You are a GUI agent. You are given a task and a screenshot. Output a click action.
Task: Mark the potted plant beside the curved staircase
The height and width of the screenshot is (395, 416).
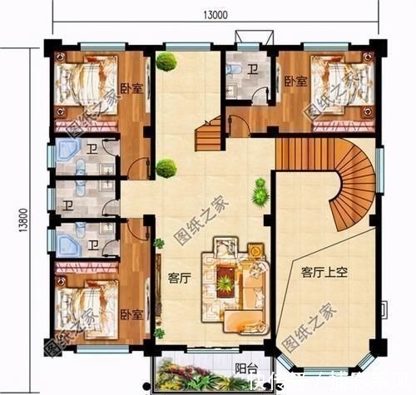261,191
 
